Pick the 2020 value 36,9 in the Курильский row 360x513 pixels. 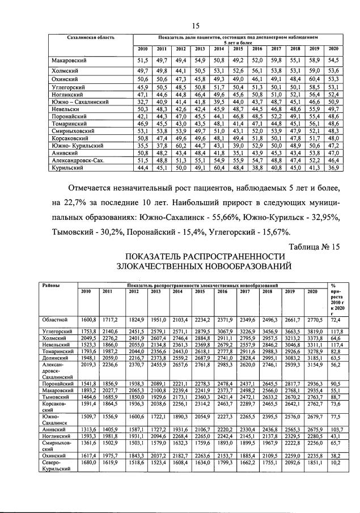pos(333,168)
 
